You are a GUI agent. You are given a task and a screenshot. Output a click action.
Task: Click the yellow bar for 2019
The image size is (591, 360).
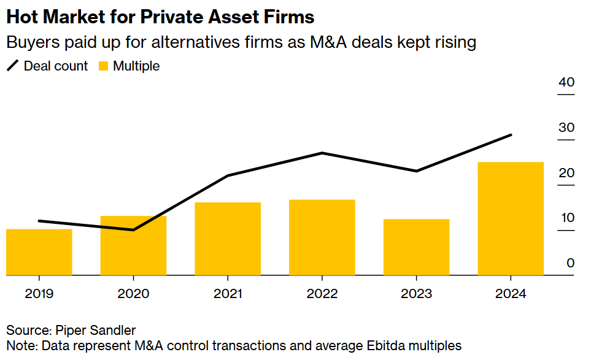click(39, 252)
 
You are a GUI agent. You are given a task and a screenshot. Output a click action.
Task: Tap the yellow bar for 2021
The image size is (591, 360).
click(228, 239)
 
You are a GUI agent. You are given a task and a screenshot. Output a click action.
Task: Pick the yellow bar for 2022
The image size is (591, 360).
click(322, 237)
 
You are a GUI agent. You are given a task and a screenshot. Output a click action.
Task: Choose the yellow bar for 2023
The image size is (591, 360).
click(416, 247)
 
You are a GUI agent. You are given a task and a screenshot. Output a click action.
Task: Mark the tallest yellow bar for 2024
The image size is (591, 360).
click(511, 218)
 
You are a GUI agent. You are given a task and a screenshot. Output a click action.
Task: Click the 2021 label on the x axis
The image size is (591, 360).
click(228, 294)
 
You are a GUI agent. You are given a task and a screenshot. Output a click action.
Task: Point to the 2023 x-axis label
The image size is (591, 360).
click(416, 294)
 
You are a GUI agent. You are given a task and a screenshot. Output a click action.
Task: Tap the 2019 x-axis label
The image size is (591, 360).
click(39, 294)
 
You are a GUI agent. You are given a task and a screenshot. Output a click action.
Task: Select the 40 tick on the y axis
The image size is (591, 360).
click(566, 83)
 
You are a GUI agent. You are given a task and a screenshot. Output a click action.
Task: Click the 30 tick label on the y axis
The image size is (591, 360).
click(566, 128)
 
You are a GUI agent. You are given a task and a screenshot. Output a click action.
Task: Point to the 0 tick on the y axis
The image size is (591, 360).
click(570, 263)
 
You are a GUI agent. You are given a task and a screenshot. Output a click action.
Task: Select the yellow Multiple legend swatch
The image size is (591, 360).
click(104, 66)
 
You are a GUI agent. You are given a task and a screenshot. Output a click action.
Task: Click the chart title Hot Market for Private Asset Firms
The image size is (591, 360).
click(160, 17)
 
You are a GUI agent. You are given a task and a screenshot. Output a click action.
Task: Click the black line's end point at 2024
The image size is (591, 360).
click(511, 135)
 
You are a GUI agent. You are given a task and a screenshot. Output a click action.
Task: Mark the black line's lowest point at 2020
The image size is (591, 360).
click(133, 230)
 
